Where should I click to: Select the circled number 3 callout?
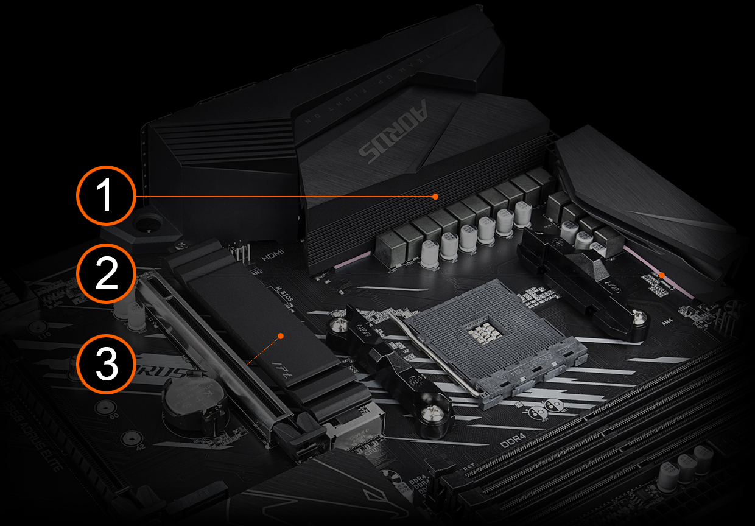pos(107,364)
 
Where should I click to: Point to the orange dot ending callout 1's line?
pos(435,196)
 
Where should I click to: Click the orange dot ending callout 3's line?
pos(280,335)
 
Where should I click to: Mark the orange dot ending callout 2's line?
pos(662,275)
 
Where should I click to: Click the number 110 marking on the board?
pos(61,335)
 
